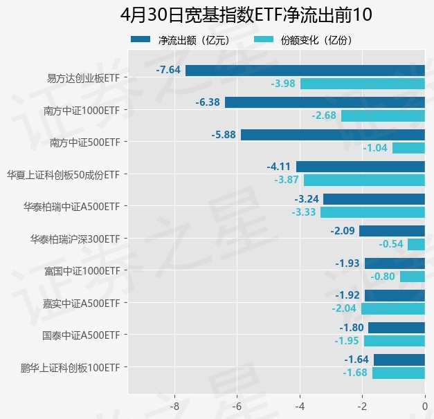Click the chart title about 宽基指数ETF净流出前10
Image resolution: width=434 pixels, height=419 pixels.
(217, 15)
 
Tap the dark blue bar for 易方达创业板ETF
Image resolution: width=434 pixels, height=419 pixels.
(305, 70)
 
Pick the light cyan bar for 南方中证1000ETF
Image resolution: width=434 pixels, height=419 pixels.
(383, 115)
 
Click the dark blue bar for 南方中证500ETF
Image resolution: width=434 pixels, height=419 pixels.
(332, 135)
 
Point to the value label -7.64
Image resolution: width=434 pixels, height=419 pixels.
(168, 70)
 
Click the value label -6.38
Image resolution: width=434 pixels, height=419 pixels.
(208, 102)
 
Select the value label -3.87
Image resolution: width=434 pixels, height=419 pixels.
(286, 180)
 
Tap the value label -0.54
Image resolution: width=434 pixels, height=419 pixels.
(391, 244)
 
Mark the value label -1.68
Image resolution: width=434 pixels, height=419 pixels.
(355, 373)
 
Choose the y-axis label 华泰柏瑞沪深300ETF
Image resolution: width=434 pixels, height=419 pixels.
(75, 239)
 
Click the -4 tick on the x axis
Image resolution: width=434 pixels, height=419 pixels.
(300, 407)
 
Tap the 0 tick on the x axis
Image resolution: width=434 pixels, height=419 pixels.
(424, 407)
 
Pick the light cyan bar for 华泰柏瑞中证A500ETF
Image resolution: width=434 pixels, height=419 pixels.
(372, 212)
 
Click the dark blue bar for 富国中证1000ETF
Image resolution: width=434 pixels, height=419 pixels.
(395, 263)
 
